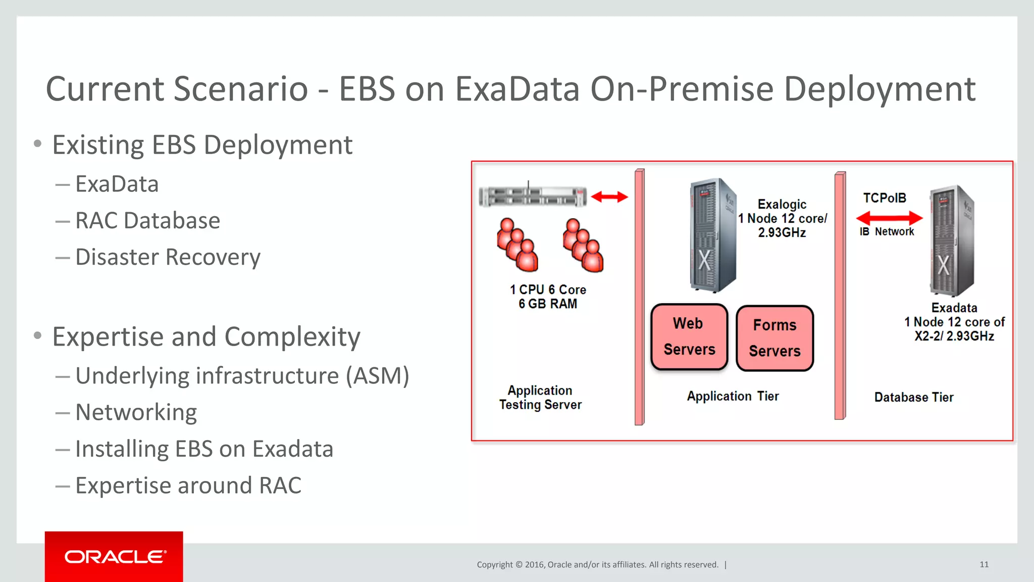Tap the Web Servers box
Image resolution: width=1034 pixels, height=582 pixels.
(689, 336)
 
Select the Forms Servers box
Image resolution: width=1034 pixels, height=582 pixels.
(774, 338)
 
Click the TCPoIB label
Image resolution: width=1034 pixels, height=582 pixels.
(885, 198)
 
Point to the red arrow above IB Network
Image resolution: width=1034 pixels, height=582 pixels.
(890, 218)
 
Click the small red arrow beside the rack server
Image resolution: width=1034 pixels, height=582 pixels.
(609, 197)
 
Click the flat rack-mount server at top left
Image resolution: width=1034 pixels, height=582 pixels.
(533, 196)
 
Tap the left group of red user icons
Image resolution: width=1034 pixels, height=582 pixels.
(517, 245)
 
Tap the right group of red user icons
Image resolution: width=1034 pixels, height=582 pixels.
(583, 245)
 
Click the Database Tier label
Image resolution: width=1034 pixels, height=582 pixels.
(914, 397)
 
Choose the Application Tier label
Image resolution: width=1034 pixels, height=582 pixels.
(733, 396)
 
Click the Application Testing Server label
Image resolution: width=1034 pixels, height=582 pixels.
(540, 397)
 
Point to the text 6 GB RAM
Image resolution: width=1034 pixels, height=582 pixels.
(548, 304)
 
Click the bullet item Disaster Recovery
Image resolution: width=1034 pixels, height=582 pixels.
(168, 257)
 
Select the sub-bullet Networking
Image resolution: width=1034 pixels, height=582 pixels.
(136, 412)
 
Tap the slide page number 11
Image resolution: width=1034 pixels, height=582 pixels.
(984, 564)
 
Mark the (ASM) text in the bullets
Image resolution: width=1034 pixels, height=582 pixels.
(377, 376)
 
